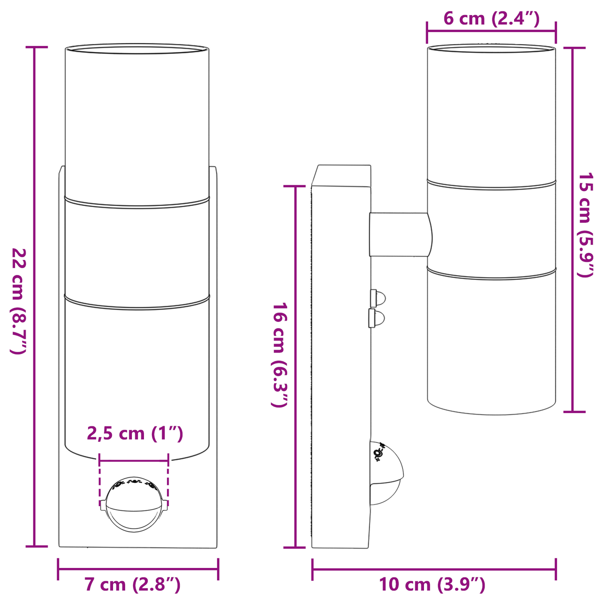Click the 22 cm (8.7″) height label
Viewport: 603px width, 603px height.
[19, 301]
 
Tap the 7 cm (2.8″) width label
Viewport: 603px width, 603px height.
[133, 585]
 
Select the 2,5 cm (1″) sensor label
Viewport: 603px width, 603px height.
[135, 434]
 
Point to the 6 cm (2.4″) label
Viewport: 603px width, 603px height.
[491, 19]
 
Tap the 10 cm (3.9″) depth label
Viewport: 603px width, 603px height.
[432, 585]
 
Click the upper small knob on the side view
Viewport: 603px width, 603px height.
[378, 298]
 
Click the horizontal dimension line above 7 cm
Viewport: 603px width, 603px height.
[138, 569]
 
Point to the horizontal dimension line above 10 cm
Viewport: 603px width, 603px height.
[434, 569]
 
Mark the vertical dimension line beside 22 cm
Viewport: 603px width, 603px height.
[35, 296]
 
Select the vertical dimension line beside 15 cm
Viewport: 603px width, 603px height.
[572, 230]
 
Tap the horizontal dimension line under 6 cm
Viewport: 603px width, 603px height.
[491, 31]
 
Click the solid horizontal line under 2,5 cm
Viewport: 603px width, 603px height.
[134, 461]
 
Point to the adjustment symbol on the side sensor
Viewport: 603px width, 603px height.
[378, 453]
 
